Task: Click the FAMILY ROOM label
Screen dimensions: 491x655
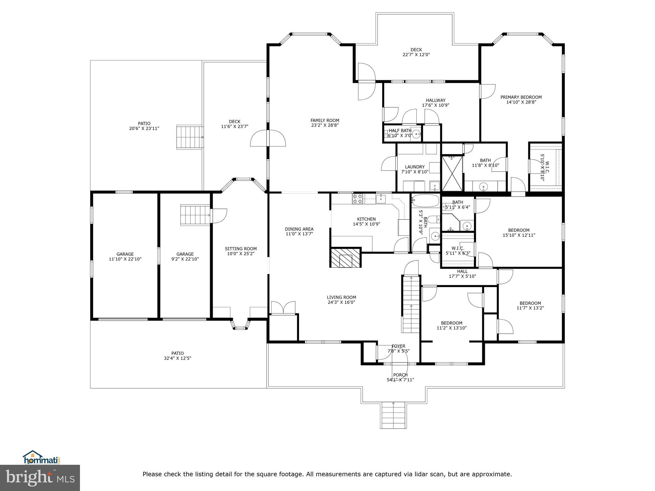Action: (325, 121)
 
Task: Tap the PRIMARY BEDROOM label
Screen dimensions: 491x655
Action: (521, 97)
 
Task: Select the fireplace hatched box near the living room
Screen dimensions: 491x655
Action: (345, 258)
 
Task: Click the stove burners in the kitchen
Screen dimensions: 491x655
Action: (357, 199)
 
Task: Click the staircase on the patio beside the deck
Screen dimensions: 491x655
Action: (190, 137)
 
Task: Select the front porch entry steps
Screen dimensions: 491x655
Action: (393, 415)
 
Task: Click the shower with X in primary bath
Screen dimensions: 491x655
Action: (452, 173)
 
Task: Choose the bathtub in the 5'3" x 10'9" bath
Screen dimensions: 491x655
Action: (425, 201)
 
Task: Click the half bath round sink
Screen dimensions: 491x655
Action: (416, 134)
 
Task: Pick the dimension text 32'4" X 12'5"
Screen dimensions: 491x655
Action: (178, 358)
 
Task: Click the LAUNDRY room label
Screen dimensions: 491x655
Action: (415, 167)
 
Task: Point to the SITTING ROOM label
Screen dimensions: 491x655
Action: (241, 249)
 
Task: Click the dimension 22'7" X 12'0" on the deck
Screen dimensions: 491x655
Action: (416, 55)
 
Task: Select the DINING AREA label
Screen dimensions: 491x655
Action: (299, 229)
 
